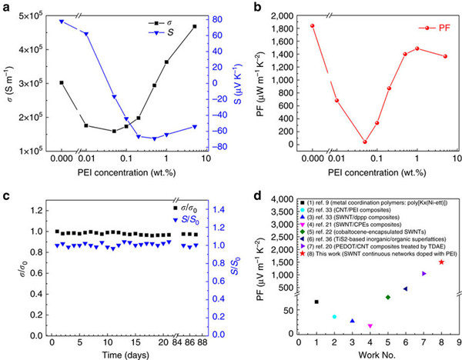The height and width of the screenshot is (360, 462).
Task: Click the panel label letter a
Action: [6, 7]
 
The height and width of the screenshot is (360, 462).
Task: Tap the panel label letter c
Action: [6, 190]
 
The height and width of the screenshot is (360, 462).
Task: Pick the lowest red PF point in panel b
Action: [364, 142]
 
